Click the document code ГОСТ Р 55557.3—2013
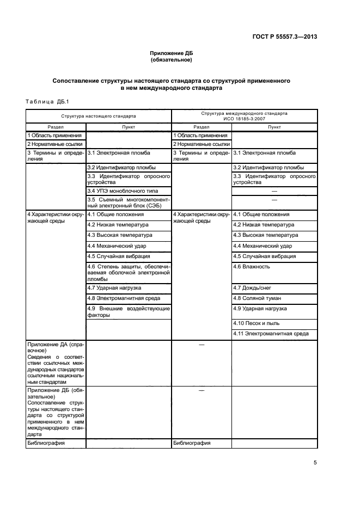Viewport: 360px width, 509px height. (292, 37)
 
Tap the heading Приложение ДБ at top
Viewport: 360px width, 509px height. (171, 53)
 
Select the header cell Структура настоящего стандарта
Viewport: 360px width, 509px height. (99, 116)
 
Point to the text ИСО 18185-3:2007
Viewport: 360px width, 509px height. (244, 119)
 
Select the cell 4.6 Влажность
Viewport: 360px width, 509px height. (252, 267)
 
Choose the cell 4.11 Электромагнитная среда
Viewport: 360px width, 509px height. (271, 334)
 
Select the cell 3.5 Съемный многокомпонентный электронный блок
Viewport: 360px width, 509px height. (129, 203)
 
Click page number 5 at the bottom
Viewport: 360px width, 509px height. (315, 463)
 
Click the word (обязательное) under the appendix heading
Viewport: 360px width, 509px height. (171, 60)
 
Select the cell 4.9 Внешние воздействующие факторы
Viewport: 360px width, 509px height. (129, 311)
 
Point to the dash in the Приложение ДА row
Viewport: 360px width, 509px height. (202, 345)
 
